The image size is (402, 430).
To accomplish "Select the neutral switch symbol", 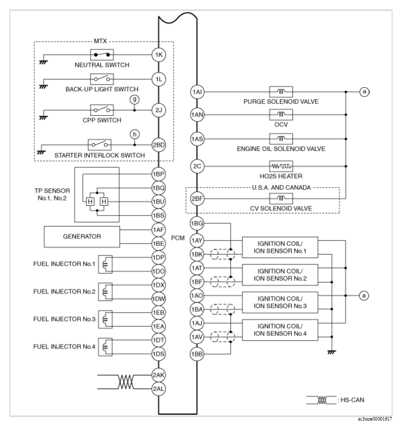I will coord(102,54).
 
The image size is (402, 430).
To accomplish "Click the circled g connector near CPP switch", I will coord(135,99).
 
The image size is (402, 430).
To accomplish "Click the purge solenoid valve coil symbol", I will coord(281,91).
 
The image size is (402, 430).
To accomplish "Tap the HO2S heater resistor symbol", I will coord(281,166).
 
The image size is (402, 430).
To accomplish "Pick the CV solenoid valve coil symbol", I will coord(281,199).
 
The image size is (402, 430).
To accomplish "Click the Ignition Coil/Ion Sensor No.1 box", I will coord(279,247).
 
